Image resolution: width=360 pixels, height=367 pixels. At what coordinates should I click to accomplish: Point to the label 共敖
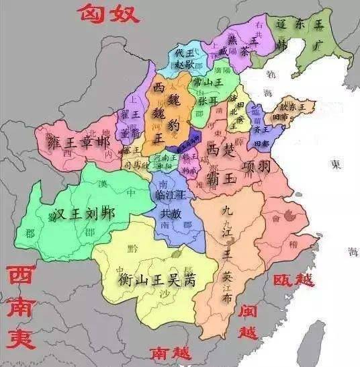[x=170, y=213]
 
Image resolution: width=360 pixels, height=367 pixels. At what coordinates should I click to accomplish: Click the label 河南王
[x=164, y=156]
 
